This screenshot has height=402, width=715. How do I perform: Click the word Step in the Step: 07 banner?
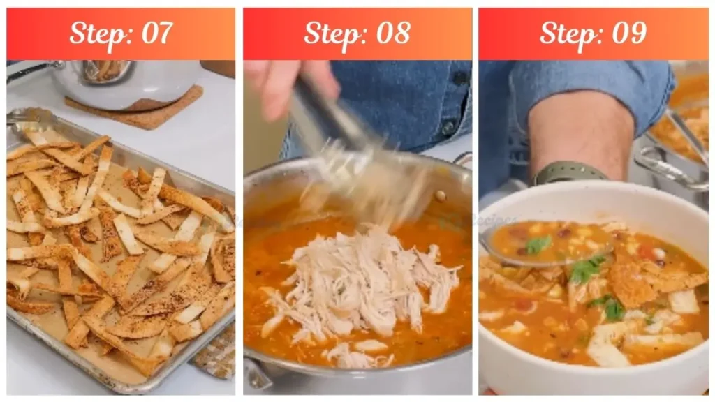pyautogui.click(x=97, y=33)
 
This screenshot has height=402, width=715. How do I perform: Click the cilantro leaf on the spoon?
pyautogui.click(x=538, y=244)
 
